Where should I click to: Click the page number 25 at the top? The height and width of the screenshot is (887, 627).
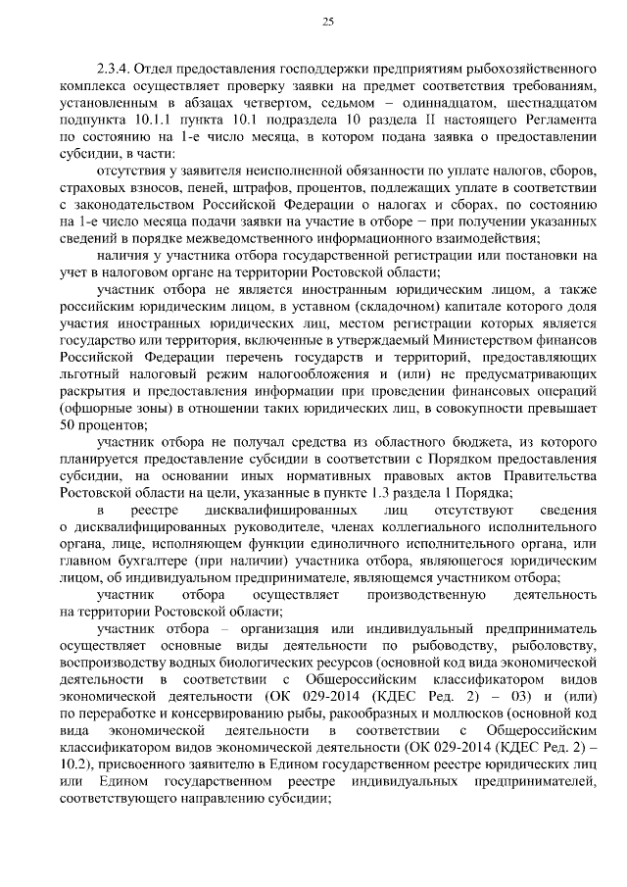328,22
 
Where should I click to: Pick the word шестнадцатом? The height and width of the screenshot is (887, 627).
551,103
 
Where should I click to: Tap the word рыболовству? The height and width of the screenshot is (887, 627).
557,645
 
